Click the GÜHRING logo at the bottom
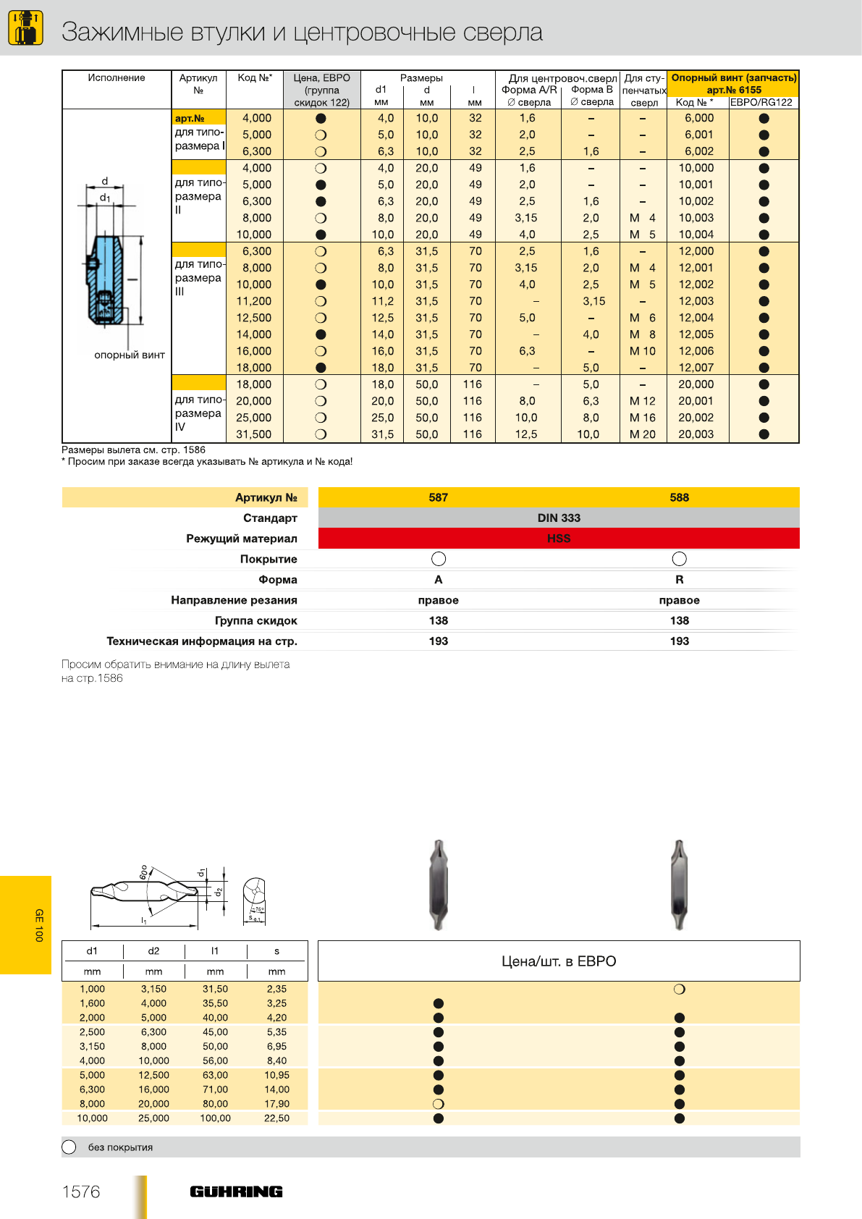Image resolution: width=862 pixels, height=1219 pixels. coord(236,1191)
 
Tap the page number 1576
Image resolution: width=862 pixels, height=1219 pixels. coord(81,1191)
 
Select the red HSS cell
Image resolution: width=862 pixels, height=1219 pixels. coord(559,539)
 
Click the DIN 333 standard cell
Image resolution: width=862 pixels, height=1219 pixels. coord(559,518)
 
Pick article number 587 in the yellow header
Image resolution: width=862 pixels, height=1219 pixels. coord(439,497)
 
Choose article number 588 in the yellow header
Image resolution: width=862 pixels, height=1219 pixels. coord(679,497)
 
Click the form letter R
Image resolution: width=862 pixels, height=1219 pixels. coord(679,580)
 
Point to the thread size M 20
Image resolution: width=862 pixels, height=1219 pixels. coord(643,434)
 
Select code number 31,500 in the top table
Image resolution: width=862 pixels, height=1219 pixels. coord(254,434)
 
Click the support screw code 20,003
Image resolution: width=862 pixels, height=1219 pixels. coord(696,434)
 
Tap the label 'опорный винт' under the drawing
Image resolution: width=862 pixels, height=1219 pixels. coord(130,355)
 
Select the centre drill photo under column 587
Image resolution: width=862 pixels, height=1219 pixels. coord(439,885)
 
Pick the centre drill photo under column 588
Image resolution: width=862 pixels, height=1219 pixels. coord(678,885)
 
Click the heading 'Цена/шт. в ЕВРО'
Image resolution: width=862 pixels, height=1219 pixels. coord(559,961)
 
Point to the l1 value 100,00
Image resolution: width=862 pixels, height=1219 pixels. coord(215,1118)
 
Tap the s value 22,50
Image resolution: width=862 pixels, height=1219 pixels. coord(276,1118)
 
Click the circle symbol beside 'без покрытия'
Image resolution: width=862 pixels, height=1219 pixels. coord(69,1147)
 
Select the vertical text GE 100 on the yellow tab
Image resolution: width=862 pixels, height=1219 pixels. coord(39,925)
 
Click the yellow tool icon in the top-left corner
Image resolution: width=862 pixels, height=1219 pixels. coord(25,28)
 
